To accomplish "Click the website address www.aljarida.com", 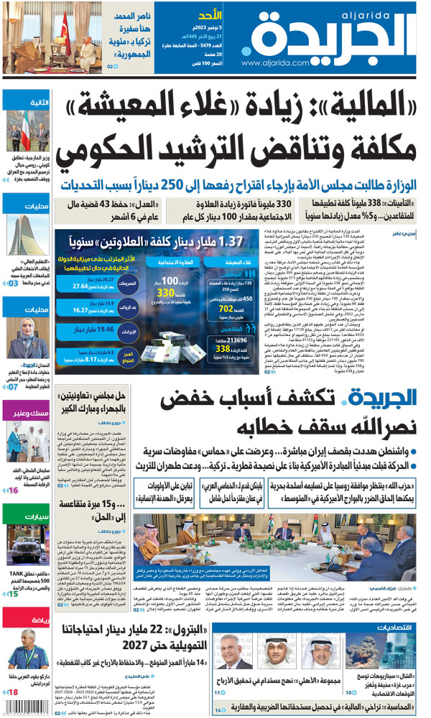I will [274, 63].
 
